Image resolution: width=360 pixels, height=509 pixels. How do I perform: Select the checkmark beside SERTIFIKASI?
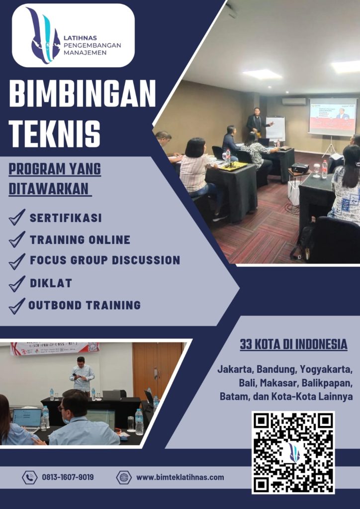(x=16, y=218)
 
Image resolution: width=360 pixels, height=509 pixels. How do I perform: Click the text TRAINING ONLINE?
(x=80, y=240)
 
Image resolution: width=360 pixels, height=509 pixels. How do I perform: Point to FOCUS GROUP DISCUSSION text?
(x=104, y=260)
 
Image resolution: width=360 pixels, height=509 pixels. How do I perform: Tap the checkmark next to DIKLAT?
(x=16, y=284)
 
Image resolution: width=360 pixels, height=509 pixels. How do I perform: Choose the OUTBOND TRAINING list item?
(x=84, y=305)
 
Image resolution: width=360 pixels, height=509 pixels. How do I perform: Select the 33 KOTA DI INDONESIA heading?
(x=293, y=344)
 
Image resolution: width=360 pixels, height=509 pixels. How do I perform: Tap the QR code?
(x=293, y=452)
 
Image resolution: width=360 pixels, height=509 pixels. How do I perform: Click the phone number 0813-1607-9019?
(x=68, y=477)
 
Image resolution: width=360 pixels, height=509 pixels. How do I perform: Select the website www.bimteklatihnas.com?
(x=180, y=477)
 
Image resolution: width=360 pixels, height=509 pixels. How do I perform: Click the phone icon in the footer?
(x=29, y=477)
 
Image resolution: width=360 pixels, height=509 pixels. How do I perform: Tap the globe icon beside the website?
(x=123, y=477)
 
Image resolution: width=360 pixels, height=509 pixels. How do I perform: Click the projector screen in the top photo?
(x=332, y=117)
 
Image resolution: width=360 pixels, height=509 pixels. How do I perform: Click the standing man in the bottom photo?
(x=82, y=375)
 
